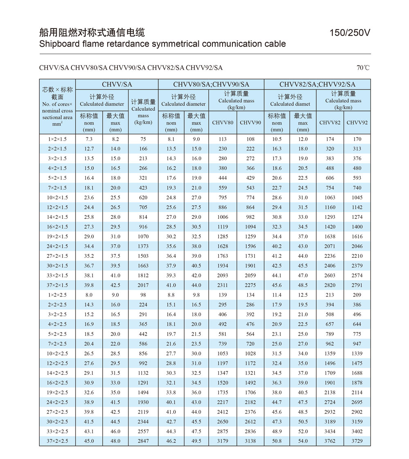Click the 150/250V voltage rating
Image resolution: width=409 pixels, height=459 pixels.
pyautogui.click(x=350, y=33)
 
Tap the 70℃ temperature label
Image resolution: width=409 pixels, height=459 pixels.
pyautogui.click(x=363, y=68)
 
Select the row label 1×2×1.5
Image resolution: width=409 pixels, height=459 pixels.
pyautogui.click(x=57, y=139)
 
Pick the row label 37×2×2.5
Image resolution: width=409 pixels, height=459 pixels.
pyautogui.click(x=57, y=441)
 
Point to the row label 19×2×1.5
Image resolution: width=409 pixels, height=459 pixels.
pyautogui.click(x=57, y=236)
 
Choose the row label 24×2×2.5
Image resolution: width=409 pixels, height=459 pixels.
pyautogui.click(x=57, y=402)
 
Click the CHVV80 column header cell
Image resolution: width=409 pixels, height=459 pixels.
pyautogui.click(x=222, y=123)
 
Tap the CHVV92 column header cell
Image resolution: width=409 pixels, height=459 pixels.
pyautogui.click(x=357, y=123)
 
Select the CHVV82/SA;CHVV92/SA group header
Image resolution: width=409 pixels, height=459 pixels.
pyautogui.click(x=317, y=85)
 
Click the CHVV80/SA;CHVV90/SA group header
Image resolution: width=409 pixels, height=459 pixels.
pyautogui.click(x=211, y=85)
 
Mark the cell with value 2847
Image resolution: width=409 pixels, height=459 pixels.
pyautogui.click(x=143, y=441)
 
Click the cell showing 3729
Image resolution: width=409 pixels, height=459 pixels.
pyautogui.click(x=357, y=441)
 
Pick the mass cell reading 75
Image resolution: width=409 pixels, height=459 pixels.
pyautogui.click(x=143, y=139)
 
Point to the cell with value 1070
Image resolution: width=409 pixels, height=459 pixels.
pyautogui.click(x=143, y=236)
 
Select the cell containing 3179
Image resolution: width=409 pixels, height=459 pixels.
pyautogui.click(x=222, y=441)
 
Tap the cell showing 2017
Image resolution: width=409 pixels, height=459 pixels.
pyautogui.click(x=143, y=285)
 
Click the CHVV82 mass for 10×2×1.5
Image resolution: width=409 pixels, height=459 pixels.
pyautogui.click(x=330, y=198)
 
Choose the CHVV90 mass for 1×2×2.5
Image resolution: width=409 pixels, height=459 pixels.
pyautogui.click(x=250, y=295)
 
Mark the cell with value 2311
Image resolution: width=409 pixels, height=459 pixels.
pyautogui.click(x=222, y=285)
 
